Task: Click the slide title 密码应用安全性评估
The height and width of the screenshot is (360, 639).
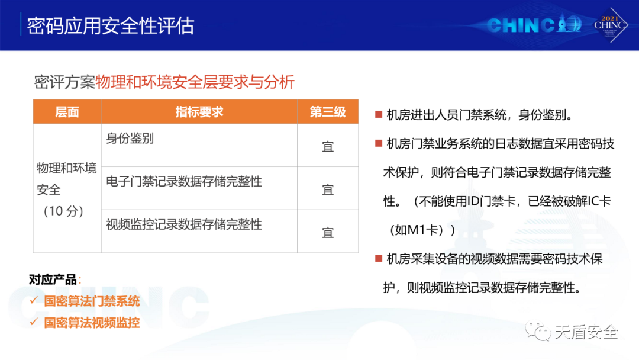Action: click(111, 25)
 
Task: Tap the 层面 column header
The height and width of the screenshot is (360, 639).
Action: click(67, 112)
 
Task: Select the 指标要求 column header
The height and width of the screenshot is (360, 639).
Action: click(199, 112)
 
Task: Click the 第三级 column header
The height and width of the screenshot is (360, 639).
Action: click(328, 112)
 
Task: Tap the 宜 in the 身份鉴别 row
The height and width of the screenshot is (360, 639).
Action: click(328, 147)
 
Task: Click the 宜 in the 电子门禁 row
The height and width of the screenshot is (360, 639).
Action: click(328, 190)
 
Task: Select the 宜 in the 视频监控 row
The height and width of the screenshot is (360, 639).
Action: click(328, 233)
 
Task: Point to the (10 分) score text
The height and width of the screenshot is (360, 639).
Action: click(63, 211)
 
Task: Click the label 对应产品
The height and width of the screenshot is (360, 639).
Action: click(53, 279)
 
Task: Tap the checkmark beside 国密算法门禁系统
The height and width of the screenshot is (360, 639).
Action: click(34, 300)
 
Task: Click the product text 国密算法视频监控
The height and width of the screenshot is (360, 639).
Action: click(92, 323)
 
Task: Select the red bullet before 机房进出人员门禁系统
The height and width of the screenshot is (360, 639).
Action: click(379, 114)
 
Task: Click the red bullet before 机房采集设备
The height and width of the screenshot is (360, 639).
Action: click(379, 259)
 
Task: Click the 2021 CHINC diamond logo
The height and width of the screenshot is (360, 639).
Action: click(610, 25)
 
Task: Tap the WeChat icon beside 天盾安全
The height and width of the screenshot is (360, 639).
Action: click(538, 331)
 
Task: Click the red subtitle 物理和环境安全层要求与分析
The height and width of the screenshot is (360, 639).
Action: click(195, 82)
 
